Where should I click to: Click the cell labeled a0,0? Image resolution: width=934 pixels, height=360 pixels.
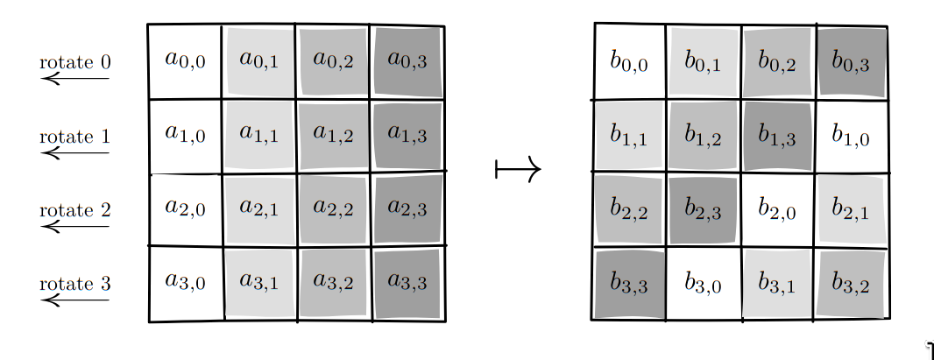[x=185, y=61]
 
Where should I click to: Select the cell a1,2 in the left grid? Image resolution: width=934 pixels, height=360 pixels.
[x=334, y=135]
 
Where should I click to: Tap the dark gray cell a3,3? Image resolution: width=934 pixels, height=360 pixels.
[x=407, y=283]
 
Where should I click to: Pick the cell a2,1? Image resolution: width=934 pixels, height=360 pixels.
[x=259, y=209]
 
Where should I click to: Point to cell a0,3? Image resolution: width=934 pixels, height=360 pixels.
[x=407, y=61]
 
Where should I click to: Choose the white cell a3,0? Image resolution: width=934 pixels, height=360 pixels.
[x=185, y=283]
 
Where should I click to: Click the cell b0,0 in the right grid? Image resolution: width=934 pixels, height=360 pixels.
[x=629, y=61]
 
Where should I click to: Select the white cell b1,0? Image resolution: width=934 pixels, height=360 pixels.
[x=852, y=135]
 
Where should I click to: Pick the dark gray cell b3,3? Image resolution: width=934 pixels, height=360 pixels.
[x=629, y=283]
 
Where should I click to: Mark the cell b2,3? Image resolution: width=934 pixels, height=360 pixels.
[x=704, y=209]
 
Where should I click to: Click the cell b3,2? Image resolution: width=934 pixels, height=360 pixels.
[x=852, y=283]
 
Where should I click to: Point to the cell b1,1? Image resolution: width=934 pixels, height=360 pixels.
[x=629, y=135]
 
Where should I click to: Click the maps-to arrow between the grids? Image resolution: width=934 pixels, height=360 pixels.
[x=518, y=169]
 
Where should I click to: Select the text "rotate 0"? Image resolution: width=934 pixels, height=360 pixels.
[x=75, y=63]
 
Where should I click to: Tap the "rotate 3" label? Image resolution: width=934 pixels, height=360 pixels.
[x=75, y=285]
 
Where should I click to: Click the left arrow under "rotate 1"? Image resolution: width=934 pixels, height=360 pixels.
[x=75, y=152]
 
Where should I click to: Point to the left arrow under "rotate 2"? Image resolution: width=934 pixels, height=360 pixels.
[x=75, y=226]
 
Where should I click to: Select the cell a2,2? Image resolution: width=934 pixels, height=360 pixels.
[x=334, y=209]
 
